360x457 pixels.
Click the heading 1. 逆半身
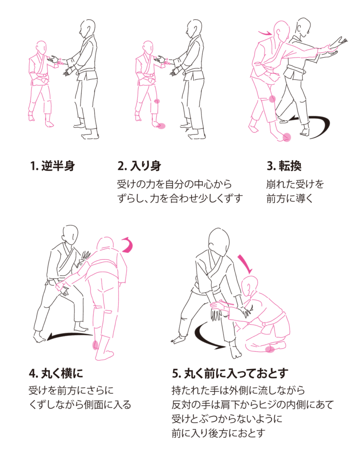[53, 166]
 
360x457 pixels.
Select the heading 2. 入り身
[139, 166]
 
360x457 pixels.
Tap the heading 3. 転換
[284, 166]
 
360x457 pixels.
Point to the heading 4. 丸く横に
[56, 373]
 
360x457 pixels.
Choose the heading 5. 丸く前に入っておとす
[230, 373]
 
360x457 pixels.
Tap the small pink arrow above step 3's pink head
[264, 33]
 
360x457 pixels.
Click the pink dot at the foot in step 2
[162, 126]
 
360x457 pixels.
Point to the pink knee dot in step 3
[272, 99]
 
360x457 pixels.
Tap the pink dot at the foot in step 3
[287, 137]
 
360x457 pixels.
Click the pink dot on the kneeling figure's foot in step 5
[270, 349]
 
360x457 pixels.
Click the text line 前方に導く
[290, 199]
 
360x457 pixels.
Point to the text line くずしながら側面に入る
[80, 404]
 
